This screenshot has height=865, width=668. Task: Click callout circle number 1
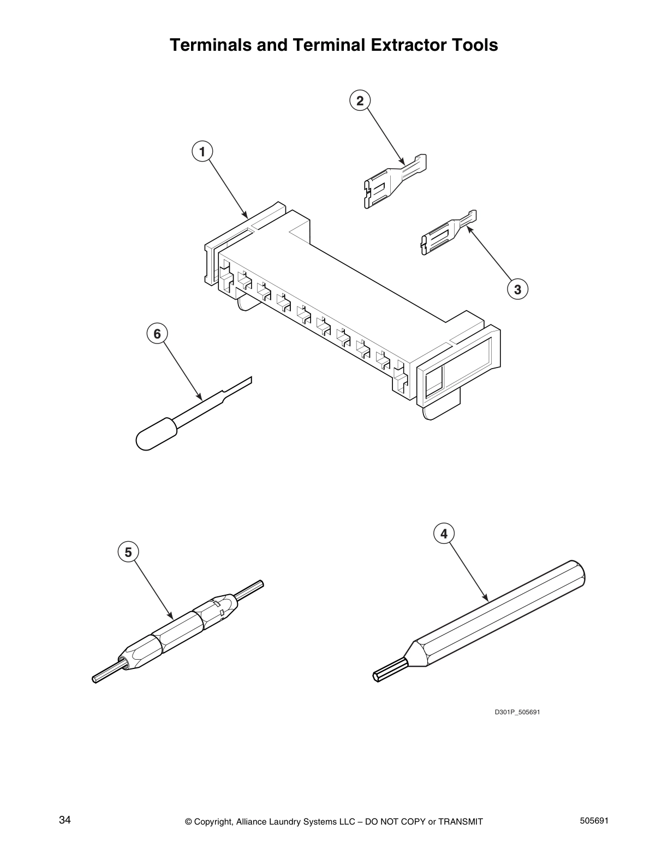click(x=202, y=151)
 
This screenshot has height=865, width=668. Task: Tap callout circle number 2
click(x=360, y=100)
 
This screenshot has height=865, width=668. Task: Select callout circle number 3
click(x=517, y=289)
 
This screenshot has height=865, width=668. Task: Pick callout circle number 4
click(x=444, y=533)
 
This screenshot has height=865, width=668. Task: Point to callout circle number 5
click(x=128, y=552)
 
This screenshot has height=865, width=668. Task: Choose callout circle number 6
click(x=157, y=333)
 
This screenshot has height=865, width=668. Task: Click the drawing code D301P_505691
click(x=517, y=712)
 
